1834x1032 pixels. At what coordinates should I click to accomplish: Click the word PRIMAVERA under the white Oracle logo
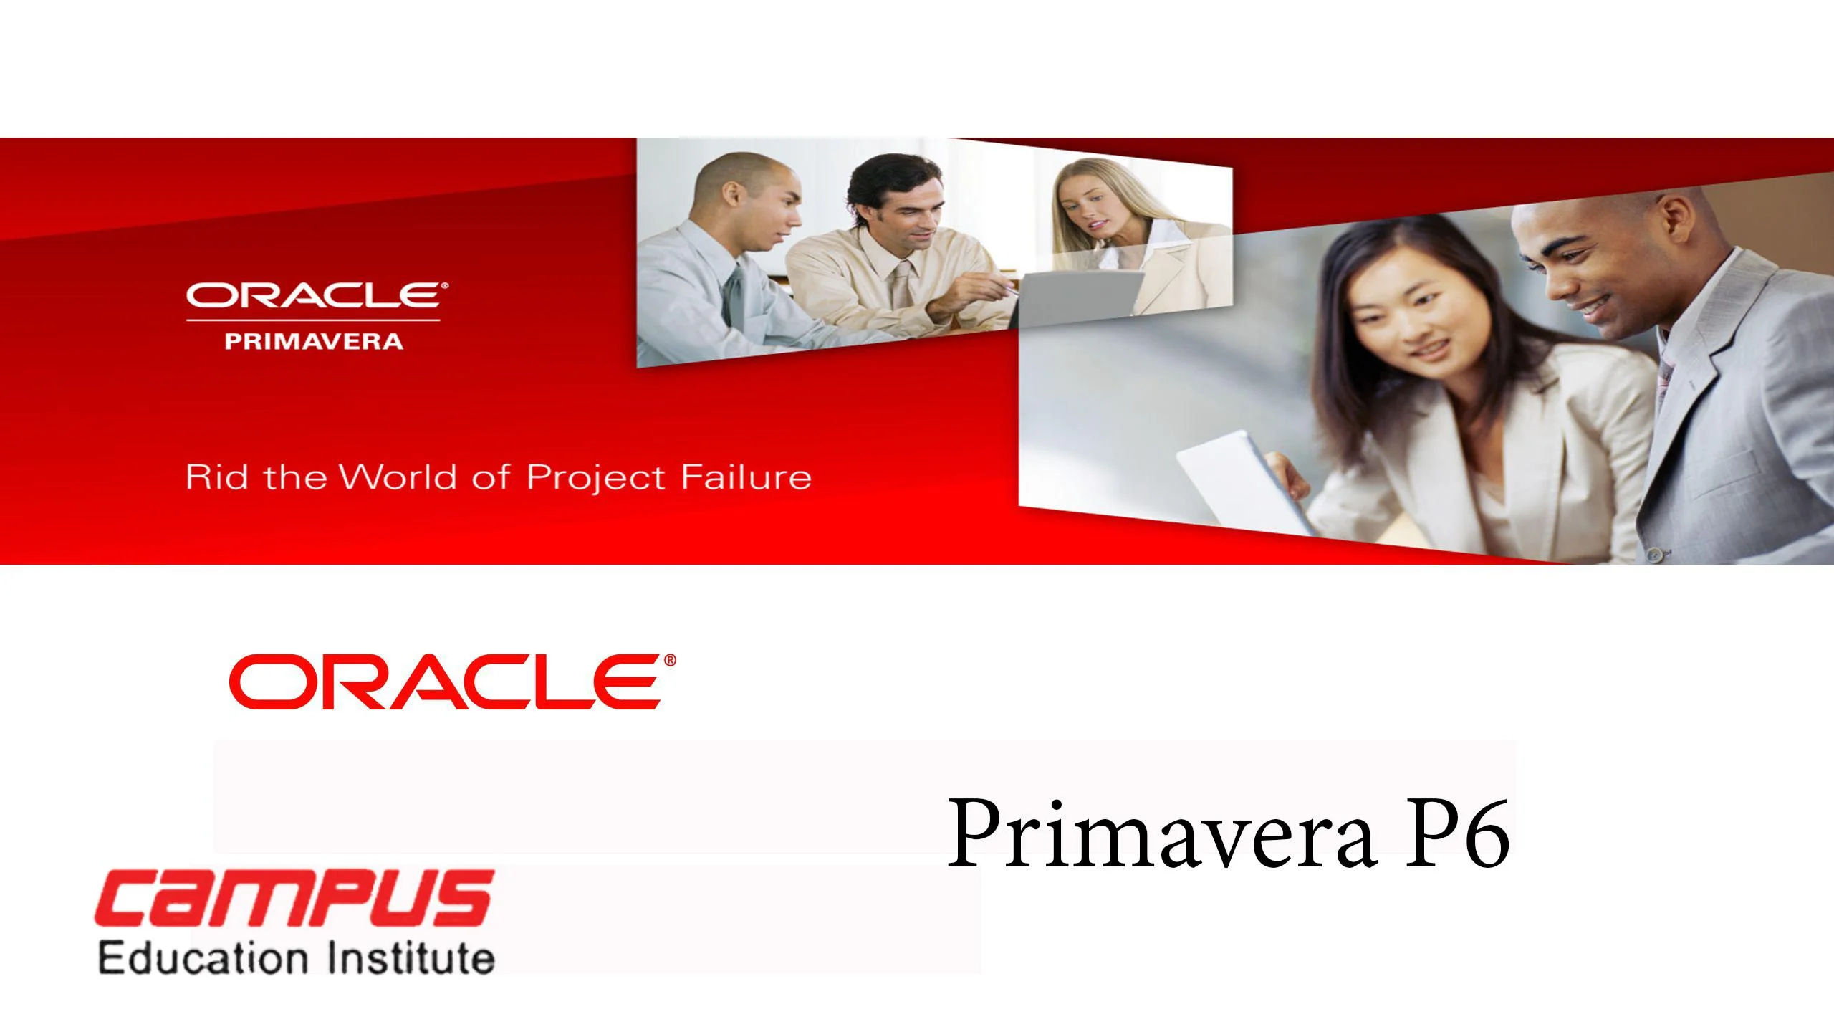314,341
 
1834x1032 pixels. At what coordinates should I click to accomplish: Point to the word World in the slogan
398,477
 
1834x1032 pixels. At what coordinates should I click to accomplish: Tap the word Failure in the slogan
746,477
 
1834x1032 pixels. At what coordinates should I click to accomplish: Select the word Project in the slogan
596,479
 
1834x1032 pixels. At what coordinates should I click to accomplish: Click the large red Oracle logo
452,682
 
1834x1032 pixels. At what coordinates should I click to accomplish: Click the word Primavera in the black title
1161,834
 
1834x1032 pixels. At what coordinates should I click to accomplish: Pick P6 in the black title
1457,834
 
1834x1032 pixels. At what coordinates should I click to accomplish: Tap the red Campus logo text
294,898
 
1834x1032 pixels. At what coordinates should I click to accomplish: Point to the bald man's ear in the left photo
731,194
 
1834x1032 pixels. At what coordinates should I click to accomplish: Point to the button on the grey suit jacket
1654,554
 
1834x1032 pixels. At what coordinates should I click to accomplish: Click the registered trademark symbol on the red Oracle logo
670,660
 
